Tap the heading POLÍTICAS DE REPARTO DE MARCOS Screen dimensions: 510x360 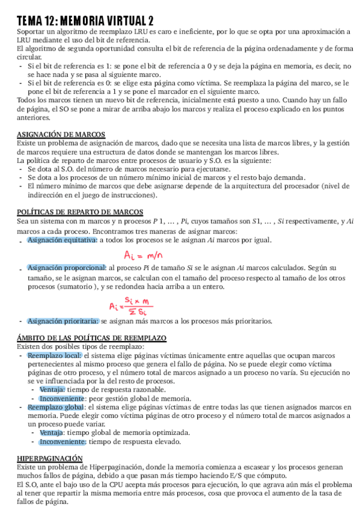80,212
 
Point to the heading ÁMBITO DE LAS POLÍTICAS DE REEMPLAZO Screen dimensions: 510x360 91,339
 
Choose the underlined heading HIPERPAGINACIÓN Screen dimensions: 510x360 49,458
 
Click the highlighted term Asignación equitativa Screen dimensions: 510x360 62,240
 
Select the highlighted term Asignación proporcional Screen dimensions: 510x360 66,267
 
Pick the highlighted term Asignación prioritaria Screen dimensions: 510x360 63,321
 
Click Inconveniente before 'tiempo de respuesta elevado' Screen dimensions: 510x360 63,441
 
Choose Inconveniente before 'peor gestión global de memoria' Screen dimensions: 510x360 63,398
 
